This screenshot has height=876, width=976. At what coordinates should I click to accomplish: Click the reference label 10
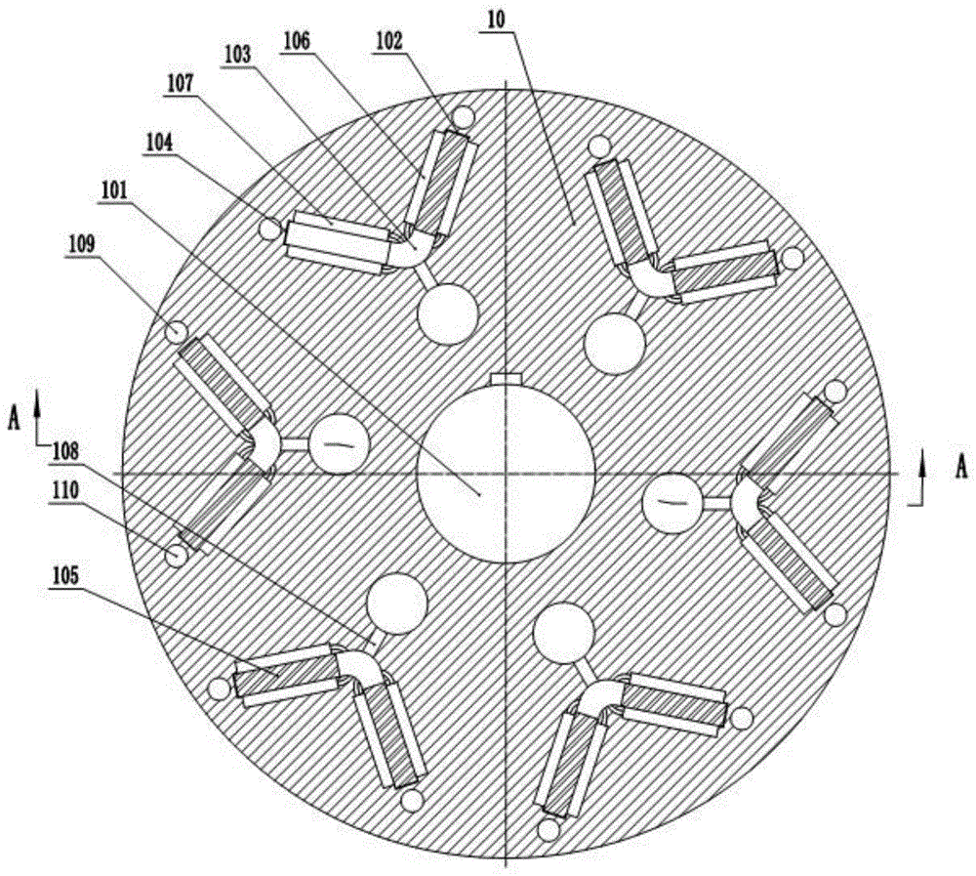(x=498, y=21)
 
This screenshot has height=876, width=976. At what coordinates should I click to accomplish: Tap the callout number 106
(x=296, y=42)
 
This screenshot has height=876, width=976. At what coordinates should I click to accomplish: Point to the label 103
(x=237, y=55)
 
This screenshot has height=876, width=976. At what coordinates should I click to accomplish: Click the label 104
(x=159, y=142)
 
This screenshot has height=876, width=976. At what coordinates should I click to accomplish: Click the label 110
(x=65, y=491)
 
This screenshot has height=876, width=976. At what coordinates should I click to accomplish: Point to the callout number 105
(x=65, y=575)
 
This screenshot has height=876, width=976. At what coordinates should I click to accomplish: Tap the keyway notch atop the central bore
(x=506, y=379)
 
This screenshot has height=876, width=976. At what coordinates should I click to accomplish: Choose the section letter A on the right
(x=961, y=467)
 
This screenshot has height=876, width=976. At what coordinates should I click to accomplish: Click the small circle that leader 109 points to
(x=176, y=331)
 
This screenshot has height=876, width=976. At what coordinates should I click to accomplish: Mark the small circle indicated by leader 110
(x=176, y=554)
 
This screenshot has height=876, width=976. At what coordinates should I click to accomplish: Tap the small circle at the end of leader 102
(x=463, y=116)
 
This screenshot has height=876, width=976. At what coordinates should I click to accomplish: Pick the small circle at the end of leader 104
(x=270, y=229)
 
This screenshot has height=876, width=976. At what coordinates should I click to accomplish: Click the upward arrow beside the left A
(x=38, y=416)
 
